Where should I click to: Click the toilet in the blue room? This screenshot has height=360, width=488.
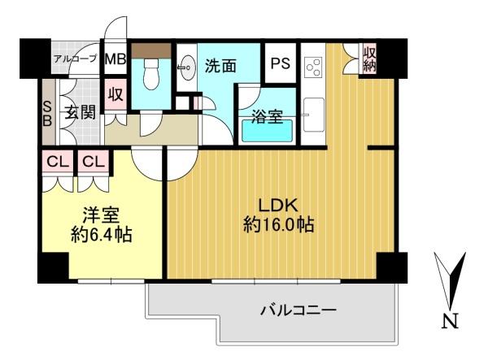point(151,73)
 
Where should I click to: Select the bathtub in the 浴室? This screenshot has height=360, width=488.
point(268,131)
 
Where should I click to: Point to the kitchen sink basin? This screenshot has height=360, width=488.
point(314,115)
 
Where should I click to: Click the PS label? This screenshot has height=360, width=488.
point(280,63)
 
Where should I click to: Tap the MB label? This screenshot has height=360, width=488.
point(115,59)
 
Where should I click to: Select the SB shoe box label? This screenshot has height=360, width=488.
point(47,114)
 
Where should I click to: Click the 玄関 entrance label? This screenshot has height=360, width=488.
point(80,112)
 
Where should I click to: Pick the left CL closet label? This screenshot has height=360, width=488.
point(58,162)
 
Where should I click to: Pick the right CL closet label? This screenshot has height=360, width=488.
point(94,162)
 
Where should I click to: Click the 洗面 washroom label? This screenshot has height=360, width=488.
point(220,66)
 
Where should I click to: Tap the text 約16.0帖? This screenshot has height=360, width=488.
point(278,224)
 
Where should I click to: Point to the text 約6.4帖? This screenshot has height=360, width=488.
point(102,235)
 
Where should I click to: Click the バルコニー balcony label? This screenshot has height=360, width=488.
point(298,310)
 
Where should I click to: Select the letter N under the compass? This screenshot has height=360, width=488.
point(451,321)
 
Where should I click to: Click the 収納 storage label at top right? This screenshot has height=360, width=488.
point(370,59)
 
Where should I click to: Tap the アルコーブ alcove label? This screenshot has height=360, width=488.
point(75,59)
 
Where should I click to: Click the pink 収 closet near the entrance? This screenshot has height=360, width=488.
point(115,94)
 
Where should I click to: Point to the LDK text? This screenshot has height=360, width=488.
point(279,205)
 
